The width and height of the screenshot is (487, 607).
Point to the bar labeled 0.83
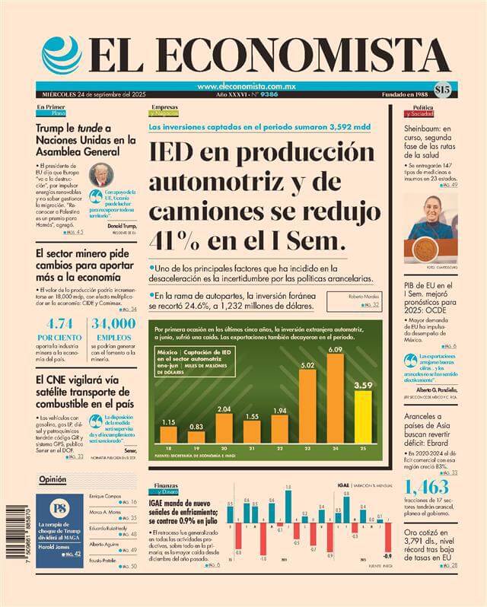click(196, 437)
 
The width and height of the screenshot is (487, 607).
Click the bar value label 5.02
click(307, 366)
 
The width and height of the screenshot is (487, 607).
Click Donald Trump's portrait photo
click(99, 176)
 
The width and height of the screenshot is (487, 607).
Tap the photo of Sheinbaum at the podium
click(431, 226)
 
